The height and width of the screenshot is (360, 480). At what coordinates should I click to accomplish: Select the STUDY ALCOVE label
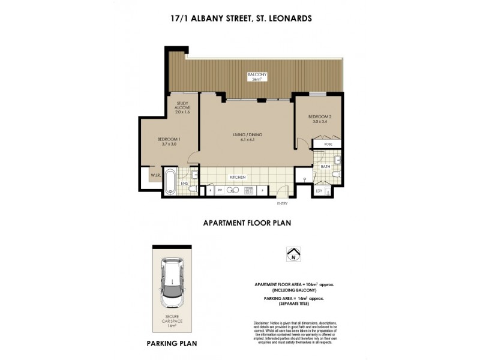click(x=182, y=109)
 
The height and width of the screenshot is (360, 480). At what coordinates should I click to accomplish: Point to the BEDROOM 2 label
click(x=317, y=119)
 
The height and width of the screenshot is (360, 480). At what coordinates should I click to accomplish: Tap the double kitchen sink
click(x=250, y=190)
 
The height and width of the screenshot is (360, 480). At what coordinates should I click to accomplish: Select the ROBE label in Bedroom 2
click(x=328, y=145)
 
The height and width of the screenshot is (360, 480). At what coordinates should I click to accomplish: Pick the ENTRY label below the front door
click(x=282, y=203)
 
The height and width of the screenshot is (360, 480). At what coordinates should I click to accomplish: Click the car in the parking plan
click(x=172, y=283)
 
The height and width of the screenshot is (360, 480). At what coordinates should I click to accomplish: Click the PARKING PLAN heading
click(x=172, y=344)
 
